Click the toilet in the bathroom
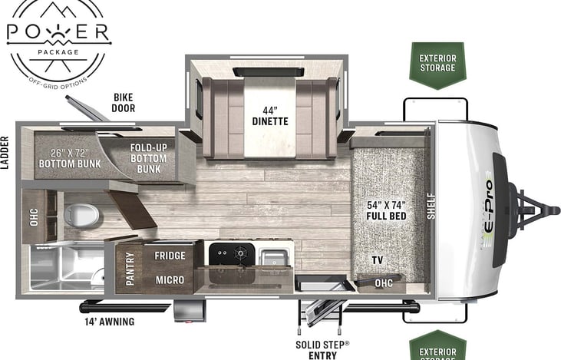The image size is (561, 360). (78, 215)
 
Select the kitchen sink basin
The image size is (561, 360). (272, 256)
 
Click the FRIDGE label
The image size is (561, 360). (170, 256)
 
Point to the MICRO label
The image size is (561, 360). (170, 280)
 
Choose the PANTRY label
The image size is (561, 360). (130, 268)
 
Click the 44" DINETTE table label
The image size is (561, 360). (269, 115)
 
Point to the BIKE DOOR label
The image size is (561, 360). (124, 103)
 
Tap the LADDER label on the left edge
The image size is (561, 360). (5, 154)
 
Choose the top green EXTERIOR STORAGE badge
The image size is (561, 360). (437, 63)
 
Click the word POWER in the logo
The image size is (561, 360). (58, 33)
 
